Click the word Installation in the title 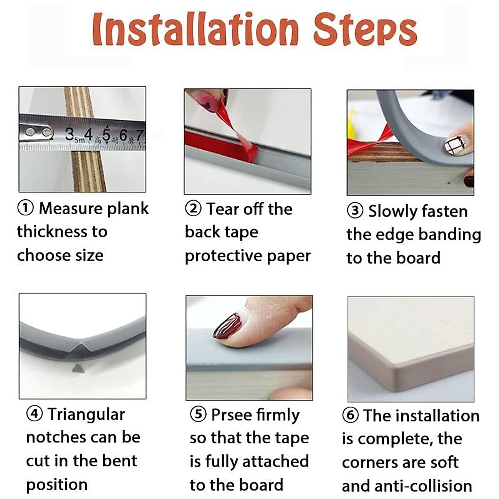[x=196, y=29]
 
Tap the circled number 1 [x=25, y=208]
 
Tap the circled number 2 [x=193, y=209]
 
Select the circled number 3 [x=355, y=211]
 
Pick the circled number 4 [x=35, y=414]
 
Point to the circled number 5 [x=198, y=414]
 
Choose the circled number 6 [x=351, y=415]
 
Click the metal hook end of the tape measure [x=37, y=133]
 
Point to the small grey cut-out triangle [x=78, y=368]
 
